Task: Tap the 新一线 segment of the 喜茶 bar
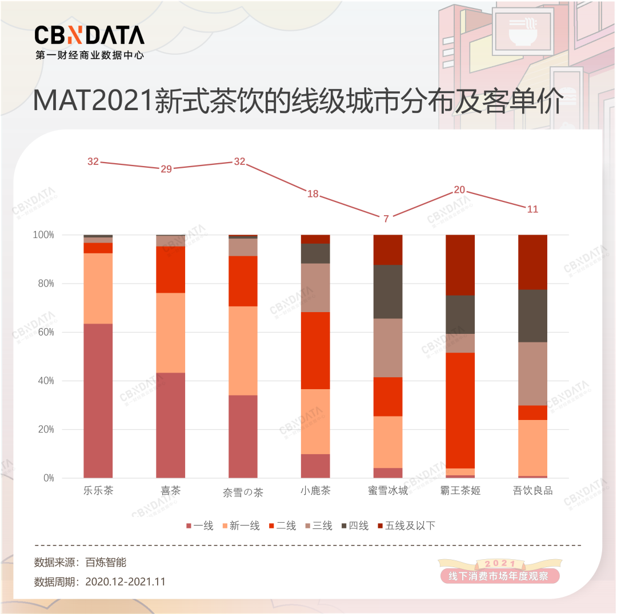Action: (x=170, y=333)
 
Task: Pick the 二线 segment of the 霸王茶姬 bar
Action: (x=460, y=410)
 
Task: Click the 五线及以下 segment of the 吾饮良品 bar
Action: (x=532, y=262)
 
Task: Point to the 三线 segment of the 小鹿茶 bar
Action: (x=315, y=288)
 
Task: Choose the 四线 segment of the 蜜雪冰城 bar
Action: (x=387, y=292)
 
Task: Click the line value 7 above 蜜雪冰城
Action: (x=386, y=219)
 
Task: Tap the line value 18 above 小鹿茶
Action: (x=313, y=194)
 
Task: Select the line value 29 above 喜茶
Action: (x=166, y=169)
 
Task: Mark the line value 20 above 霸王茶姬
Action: (x=459, y=190)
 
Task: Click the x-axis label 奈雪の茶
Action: (x=243, y=492)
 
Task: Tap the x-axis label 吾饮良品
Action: (x=532, y=491)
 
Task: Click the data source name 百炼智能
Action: (x=106, y=562)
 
